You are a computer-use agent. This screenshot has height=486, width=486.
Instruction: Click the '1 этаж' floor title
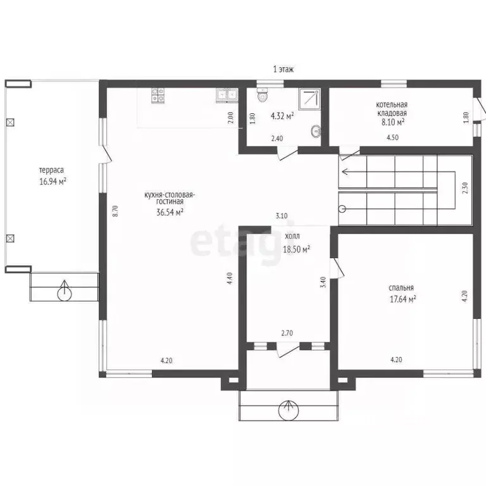tap(283, 70)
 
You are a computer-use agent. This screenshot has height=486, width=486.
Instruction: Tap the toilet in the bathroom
tap(263, 94)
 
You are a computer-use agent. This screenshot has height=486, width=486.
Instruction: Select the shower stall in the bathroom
tap(309, 99)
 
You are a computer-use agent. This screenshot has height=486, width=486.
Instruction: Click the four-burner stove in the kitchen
tap(158, 95)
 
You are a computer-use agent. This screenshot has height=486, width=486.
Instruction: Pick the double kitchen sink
tap(227, 95)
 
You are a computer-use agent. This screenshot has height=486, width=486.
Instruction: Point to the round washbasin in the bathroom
tap(316, 132)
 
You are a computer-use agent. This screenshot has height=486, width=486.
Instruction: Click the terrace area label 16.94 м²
tap(53, 182)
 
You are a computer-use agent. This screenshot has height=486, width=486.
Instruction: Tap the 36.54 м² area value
tap(170, 213)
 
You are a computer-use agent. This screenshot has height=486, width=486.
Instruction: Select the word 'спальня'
tap(401, 288)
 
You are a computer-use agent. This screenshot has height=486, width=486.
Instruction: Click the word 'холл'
tap(292, 236)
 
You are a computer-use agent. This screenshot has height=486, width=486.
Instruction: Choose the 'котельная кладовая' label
tap(392, 109)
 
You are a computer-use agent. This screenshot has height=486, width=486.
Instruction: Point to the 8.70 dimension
tap(115, 211)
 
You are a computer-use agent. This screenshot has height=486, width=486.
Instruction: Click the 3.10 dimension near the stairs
tap(282, 216)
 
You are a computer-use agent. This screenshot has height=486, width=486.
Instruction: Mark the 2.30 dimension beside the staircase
tap(465, 188)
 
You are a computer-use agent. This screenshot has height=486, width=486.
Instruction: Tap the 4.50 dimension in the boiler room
tap(392, 137)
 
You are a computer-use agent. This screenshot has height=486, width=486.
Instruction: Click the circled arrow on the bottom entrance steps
tap(289, 409)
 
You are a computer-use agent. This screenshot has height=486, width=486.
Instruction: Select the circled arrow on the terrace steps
tap(65, 291)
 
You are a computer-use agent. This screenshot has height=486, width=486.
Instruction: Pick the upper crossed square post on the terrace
tap(10, 122)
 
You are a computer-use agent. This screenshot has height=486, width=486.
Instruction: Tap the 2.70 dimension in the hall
tap(287, 333)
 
